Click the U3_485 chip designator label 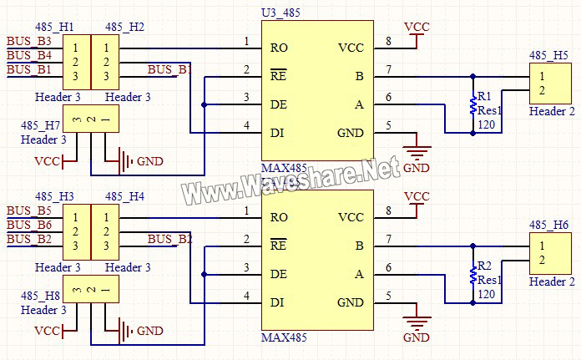pos(280,13)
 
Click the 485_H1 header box pos(76,61)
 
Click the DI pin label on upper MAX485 pos(278,133)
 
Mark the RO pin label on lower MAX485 pos(279,217)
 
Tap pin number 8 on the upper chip pos(389,41)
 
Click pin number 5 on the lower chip pos(389,296)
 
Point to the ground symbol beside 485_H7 pos(126,160)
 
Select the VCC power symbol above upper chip pos(416,31)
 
